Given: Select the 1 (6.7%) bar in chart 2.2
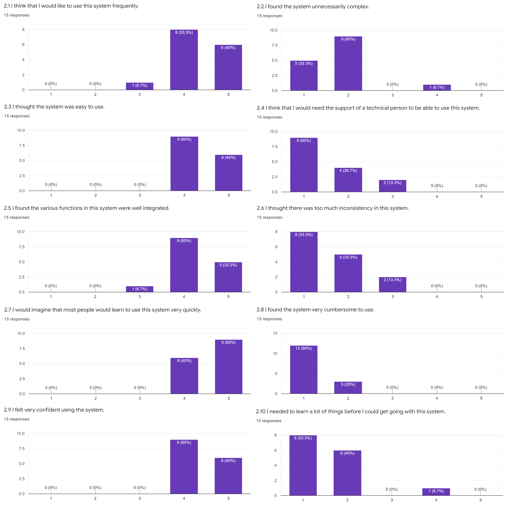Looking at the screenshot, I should point(437,88).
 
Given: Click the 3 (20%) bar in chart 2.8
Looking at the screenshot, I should point(348,387).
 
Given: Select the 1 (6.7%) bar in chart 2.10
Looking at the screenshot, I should point(436,492).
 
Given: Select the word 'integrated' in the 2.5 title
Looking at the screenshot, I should point(156,208).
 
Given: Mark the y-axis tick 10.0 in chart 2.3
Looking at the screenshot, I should point(21,130).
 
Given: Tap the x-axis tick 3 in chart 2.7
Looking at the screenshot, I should point(140,398).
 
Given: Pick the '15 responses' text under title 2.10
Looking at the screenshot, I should point(269,421).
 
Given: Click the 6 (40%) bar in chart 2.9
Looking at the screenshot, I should point(228,476).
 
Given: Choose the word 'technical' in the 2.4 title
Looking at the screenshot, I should point(378,108).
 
